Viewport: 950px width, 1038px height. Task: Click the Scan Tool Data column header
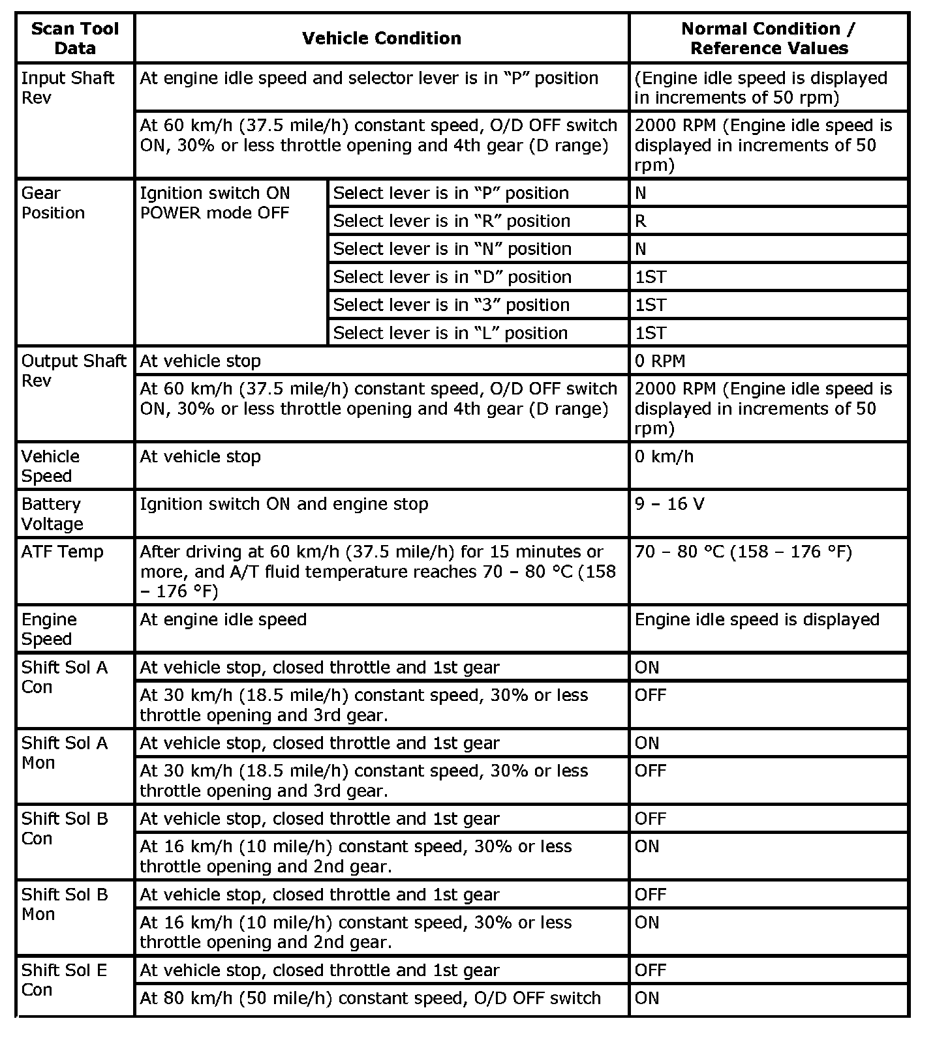[75, 38]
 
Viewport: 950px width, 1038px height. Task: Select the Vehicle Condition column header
[382, 38]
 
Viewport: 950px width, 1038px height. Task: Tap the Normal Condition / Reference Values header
[769, 38]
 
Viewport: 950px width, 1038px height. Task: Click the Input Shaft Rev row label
[67, 88]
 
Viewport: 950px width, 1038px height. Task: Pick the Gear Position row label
[53, 203]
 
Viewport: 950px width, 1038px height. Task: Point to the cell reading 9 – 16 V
[669, 504]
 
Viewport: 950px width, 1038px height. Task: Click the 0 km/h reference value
[664, 456]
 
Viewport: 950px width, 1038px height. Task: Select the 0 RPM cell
[660, 361]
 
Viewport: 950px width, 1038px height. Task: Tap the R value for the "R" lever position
[641, 221]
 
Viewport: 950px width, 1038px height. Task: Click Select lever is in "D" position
[452, 277]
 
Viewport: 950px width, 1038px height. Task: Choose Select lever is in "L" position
[450, 333]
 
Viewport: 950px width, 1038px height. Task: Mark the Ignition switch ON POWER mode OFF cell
[215, 203]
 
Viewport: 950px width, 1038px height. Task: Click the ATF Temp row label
[62, 552]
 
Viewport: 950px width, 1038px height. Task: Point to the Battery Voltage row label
[52, 514]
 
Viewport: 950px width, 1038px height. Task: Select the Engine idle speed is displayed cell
[757, 619]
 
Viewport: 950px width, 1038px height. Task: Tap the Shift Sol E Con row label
[64, 980]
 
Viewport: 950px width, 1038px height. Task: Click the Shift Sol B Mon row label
[64, 904]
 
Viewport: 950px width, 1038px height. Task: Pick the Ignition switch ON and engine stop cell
[284, 504]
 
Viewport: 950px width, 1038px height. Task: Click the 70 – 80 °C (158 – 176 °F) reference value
[743, 552]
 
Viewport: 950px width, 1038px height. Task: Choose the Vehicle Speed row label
[50, 466]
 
